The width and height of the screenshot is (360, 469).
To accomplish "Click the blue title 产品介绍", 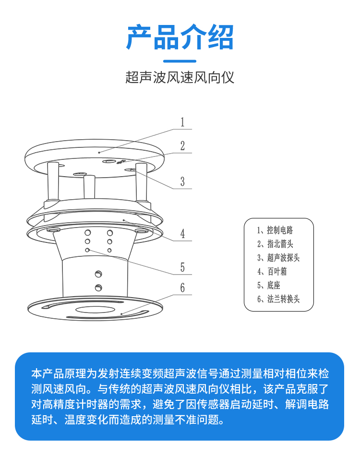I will coord(180,37).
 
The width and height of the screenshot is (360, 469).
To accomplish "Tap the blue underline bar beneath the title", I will coord(180,61).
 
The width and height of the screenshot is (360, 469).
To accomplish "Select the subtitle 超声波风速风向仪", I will coord(180,78).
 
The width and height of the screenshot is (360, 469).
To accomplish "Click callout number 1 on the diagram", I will coord(182,122).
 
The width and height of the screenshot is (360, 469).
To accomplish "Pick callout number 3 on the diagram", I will coord(182,181).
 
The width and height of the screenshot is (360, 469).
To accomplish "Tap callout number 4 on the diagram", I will coord(182,234).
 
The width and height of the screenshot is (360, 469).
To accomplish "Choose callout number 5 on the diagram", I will coord(182,267).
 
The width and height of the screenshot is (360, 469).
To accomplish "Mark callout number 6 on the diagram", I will coord(182,288).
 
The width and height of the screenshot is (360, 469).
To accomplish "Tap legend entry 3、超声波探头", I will coord(278,258).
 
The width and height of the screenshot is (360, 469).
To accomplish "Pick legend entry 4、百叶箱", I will coord(272,272).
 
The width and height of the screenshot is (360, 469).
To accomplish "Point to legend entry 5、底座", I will coord(268,286).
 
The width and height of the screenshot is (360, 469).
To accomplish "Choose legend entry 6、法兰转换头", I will coord(278,299).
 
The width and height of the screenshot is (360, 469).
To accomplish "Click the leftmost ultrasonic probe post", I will coord(53,182).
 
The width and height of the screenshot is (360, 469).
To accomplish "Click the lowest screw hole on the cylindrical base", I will coord(98,288).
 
